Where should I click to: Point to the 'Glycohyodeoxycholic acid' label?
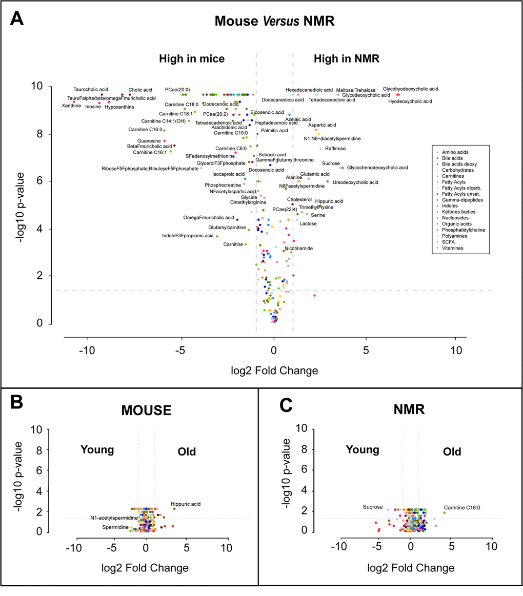point(410,89)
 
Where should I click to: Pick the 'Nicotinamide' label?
point(299,249)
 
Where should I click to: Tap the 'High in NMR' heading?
point(346,59)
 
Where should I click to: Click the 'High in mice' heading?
point(192,59)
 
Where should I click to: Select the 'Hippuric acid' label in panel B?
point(186,504)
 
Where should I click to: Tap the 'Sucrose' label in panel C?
point(373,507)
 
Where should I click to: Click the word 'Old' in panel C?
point(452,452)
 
